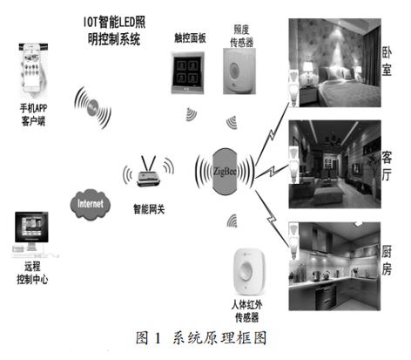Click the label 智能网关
point(149,209)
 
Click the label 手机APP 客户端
point(32,118)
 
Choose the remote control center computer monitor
point(32,232)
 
